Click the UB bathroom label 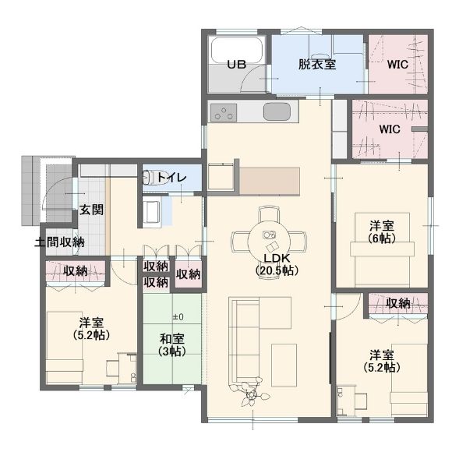click(236, 64)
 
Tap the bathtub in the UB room click(237, 50)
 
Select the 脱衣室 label click(317, 64)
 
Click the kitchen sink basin click(277, 111)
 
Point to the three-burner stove click(224, 112)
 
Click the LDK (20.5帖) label click(277, 264)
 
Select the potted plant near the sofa click(252, 393)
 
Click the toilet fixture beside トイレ click(150, 178)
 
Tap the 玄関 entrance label click(91, 210)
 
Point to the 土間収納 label click(59, 242)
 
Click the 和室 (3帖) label click(172, 344)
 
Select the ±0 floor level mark click(178, 317)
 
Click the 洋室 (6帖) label click(382, 231)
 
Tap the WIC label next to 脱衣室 click(397, 64)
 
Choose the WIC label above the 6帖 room click(390, 129)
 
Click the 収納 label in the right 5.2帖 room click(398, 303)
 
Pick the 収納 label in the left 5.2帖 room click(76, 271)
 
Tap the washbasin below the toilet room click(151, 212)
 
